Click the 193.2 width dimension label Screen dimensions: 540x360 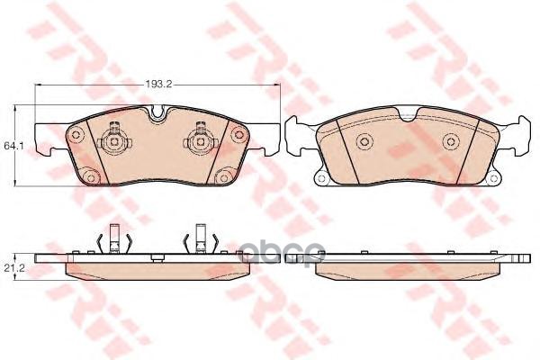click(157, 84)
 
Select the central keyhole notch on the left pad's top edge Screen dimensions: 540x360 click(159, 113)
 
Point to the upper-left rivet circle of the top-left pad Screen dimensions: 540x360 click(76, 134)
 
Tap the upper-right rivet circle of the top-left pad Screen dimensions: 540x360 click(238, 134)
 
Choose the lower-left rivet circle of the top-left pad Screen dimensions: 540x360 click(91, 177)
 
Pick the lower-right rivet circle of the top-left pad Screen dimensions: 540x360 click(224, 177)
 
